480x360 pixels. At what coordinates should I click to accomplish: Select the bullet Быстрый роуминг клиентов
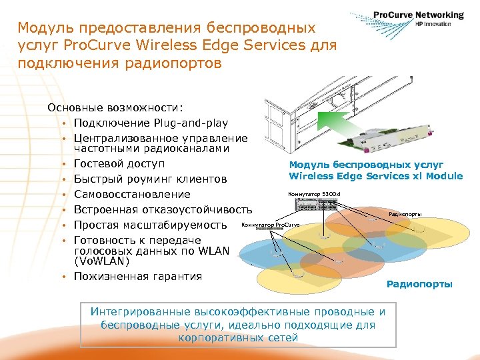click(150, 179)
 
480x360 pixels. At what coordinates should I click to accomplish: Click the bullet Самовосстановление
click(132, 195)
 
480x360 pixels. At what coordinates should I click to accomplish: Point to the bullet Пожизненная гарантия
click(138, 276)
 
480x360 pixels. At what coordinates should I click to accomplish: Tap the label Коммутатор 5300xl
click(313, 194)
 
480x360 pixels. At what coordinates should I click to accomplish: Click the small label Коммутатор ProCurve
click(270, 225)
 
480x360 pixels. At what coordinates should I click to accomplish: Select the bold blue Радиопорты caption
click(419, 284)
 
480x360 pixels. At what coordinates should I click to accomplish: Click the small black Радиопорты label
click(405, 214)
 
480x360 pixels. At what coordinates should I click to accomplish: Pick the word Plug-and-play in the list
click(189, 123)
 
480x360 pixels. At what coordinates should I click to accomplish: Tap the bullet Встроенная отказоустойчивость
click(163, 209)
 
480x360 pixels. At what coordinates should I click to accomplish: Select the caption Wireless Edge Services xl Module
click(375, 176)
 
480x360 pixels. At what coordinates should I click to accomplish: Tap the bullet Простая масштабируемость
click(151, 225)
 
